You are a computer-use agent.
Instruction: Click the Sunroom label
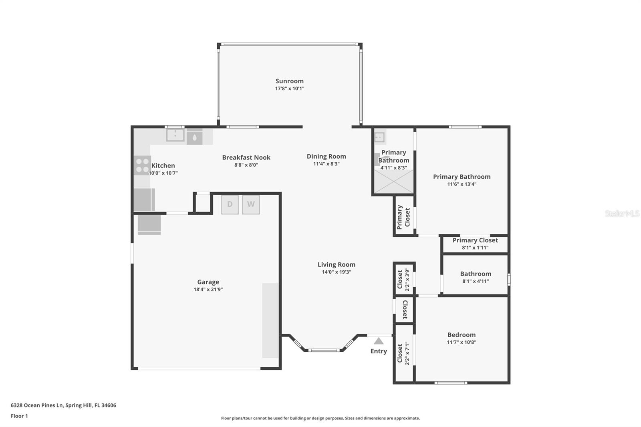289,81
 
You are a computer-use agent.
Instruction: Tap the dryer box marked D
230,204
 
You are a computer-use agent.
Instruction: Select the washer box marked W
251,204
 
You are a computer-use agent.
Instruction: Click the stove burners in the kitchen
142,165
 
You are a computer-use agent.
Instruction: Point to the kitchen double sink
175,135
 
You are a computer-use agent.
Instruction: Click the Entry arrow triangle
379,341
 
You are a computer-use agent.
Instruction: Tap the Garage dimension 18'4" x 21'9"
208,289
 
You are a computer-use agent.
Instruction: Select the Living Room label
336,264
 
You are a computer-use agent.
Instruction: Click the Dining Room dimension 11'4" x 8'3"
326,164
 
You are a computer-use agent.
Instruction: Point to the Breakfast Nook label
246,157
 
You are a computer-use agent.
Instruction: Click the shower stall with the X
393,181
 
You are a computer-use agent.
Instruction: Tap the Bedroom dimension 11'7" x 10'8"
462,342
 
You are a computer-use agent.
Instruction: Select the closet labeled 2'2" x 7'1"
403,353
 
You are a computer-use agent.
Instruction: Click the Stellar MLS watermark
622,214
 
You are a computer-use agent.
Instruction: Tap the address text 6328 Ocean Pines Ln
63,405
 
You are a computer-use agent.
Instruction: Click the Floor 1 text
19,416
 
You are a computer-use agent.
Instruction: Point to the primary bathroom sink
379,137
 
